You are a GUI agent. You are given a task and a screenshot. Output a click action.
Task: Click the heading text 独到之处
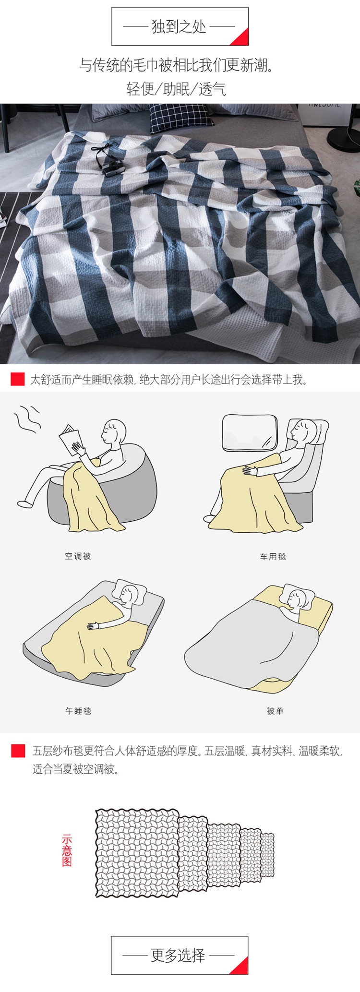179,26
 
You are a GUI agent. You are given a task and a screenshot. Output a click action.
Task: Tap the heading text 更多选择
178,955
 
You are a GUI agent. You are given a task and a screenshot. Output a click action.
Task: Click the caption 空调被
78,556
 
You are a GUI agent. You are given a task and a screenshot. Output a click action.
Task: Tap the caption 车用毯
273,557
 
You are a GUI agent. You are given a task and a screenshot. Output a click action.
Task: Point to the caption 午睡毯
78,711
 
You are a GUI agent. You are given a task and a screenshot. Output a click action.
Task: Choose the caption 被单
275,711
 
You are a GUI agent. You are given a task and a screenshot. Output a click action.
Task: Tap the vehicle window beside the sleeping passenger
250,433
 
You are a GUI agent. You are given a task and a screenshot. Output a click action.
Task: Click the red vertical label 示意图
67,851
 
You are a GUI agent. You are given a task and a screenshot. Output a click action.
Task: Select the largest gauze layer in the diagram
137,853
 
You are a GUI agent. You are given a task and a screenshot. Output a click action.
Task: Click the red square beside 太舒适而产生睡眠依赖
18,379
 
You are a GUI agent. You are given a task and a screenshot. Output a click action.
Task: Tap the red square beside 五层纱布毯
18,751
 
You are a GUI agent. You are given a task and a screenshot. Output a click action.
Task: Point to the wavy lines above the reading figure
27,419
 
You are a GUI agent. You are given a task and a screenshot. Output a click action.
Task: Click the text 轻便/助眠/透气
176,89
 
